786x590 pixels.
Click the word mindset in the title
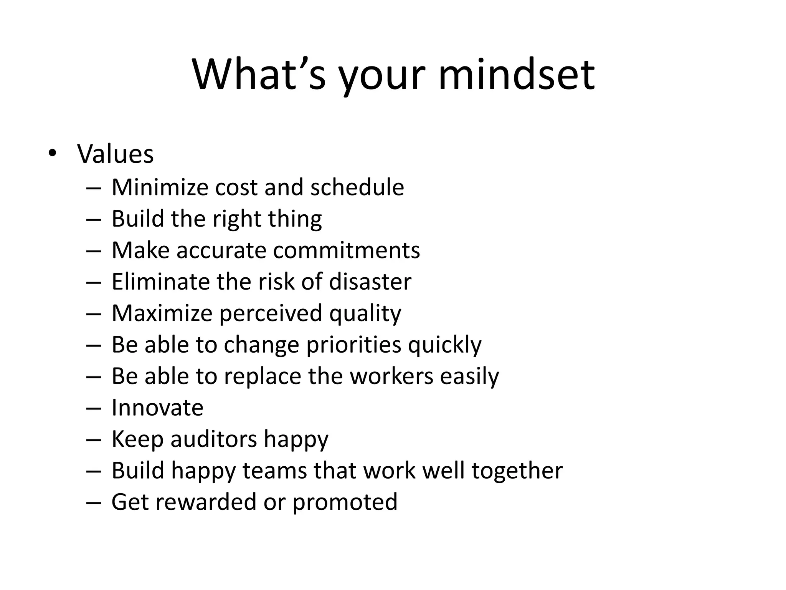(516, 75)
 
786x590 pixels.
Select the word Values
(116, 154)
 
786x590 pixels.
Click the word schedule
(357, 187)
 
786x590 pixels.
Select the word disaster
(370, 282)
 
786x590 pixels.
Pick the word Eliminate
(160, 282)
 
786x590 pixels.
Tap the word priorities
(353, 345)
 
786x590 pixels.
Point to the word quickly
(444, 345)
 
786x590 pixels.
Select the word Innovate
(157, 408)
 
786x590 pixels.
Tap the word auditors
(214, 439)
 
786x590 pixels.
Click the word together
(517, 471)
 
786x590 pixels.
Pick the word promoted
(345, 502)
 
